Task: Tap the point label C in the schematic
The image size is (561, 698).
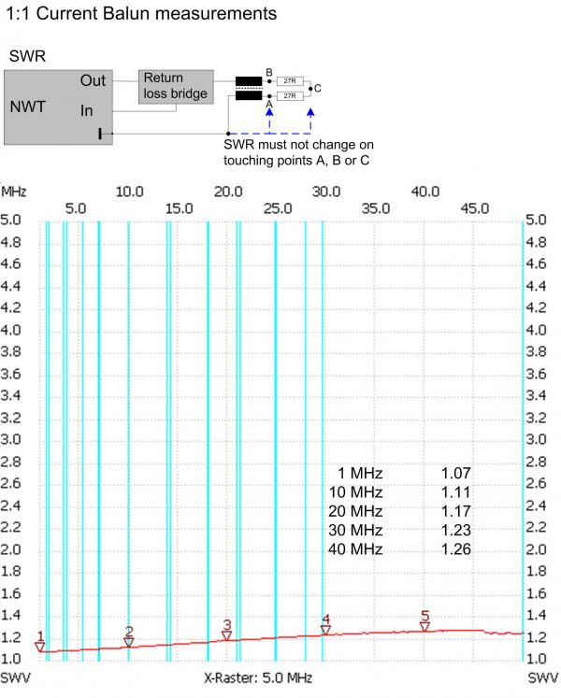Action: pyautogui.click(x=318, y=89)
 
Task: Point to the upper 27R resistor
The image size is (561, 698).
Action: pyautogui.click(x=290, y=82)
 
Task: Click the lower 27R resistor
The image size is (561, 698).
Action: pyautogui.click(x=290, y=95)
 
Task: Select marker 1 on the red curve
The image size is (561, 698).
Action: pyautogui.click(x=40, y=646)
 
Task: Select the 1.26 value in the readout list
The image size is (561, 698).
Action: pyautogui.click(x=455, y=548)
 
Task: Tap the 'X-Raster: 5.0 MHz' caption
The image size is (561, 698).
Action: pyautogui.click(x=258, y=676)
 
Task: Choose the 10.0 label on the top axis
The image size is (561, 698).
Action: pyautogui.click(x=129, y=192)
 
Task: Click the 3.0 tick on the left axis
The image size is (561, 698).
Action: pyautogui.click(x=14, y=439)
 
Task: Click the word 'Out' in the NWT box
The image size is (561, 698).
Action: pyautogui.click(x=93, y=82)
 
